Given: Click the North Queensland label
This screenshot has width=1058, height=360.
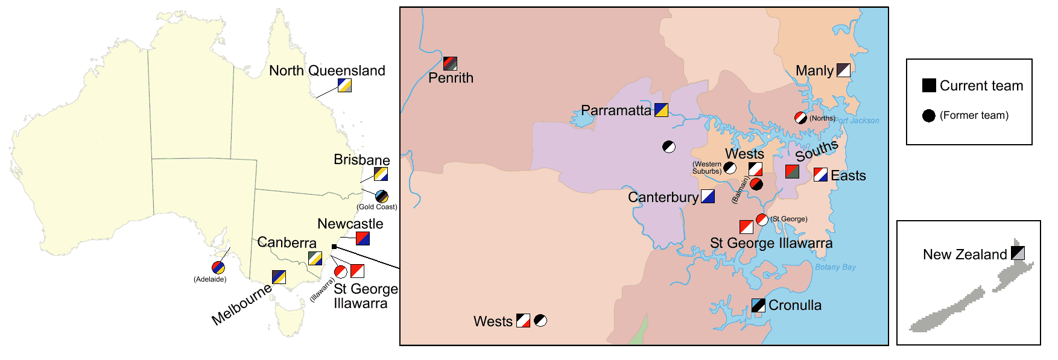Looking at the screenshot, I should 327,71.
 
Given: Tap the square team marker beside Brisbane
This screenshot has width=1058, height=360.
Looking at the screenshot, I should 381,174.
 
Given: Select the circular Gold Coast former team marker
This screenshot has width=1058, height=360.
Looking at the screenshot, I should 382,196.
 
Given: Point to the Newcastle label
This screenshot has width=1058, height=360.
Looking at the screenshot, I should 350,224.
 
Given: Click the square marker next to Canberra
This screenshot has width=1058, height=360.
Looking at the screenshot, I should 315,258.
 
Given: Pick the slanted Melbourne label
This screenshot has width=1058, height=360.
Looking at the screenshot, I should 241,305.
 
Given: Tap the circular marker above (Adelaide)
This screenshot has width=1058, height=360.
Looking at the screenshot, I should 218,268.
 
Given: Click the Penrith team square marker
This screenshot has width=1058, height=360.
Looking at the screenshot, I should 450,63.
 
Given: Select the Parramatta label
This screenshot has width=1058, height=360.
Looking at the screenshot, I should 616,110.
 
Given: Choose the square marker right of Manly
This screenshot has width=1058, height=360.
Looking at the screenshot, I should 843,70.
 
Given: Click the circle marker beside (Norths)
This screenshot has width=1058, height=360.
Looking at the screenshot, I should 800,118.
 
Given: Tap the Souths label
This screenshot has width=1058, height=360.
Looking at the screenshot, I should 817,150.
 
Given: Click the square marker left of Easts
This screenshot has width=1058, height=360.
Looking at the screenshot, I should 820,175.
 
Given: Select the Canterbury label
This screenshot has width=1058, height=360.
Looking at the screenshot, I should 663,197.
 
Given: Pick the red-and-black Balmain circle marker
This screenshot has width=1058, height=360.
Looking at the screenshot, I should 756,184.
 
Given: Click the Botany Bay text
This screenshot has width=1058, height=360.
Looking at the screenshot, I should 835,267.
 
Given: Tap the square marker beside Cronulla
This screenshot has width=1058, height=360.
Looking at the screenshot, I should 758,305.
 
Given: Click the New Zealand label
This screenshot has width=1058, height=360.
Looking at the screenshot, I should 965,254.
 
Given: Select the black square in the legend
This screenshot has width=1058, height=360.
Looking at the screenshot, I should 929,85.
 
